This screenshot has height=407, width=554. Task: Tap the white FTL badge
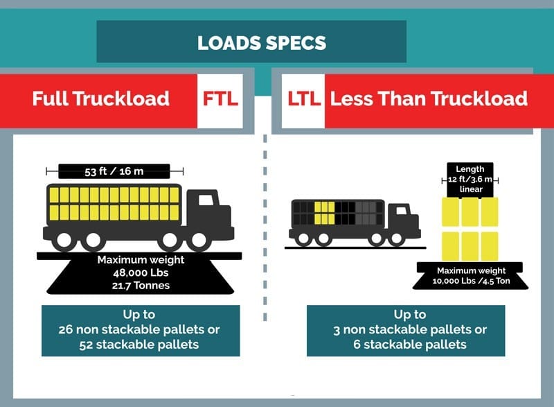point(220,98)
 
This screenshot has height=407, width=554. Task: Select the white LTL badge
point(303,98)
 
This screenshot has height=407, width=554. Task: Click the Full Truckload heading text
point(100,98)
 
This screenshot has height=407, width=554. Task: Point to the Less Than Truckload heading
point(428,98)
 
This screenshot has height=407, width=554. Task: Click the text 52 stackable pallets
point(141,345)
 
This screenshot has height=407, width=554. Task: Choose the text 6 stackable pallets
point(406,345)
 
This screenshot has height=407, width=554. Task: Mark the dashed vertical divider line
point(264,229)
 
